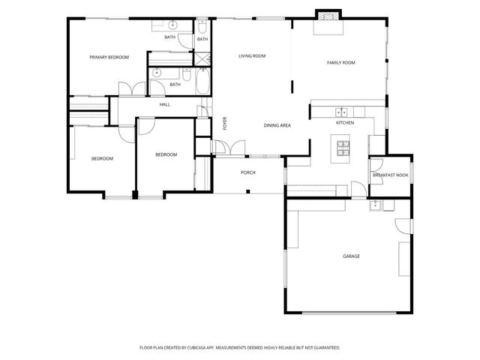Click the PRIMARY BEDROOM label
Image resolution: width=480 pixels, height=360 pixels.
(109, 57)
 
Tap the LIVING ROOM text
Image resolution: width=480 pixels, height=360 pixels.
(253, 56)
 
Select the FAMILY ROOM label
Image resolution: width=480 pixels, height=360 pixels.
(340, 62)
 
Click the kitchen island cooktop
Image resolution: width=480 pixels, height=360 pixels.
(343, 147)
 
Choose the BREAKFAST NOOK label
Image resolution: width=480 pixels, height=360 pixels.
(391, 175)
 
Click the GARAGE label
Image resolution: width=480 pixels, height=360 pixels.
(351, 256)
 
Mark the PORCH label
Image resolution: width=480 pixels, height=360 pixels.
(247, 172)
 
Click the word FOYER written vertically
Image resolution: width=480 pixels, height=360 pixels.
(224, 124)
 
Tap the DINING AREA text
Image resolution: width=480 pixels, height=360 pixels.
(277, 125)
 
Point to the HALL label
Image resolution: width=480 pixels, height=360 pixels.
(164, 104)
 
